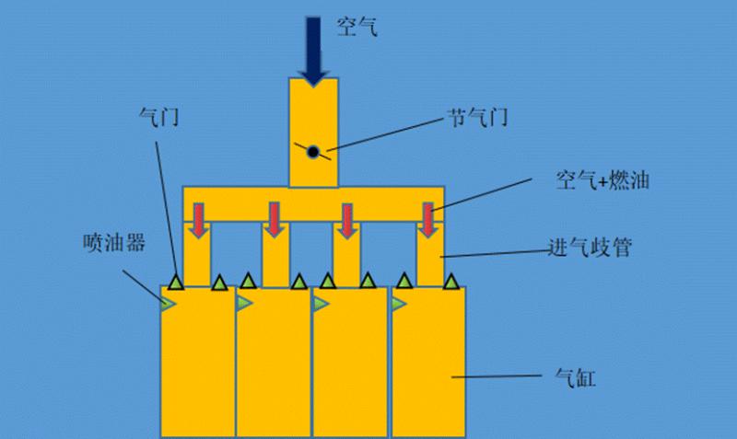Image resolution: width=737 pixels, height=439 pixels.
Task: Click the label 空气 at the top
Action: click(x=357, y=29)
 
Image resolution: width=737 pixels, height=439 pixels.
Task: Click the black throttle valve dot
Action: click(x=313, y=152)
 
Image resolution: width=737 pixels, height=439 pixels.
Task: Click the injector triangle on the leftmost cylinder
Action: click(x=168, y=303)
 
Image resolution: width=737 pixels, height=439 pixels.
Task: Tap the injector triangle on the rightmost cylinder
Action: click(x=398, y=303)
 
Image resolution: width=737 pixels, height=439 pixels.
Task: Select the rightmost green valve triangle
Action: click(x=453, y=281)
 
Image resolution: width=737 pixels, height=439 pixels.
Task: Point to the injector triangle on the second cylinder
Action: click(x=244, y=303)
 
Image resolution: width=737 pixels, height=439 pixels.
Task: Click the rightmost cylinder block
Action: click(x=430, y=368)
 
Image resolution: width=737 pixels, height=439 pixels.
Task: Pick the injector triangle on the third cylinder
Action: click(x=321, y=303)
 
